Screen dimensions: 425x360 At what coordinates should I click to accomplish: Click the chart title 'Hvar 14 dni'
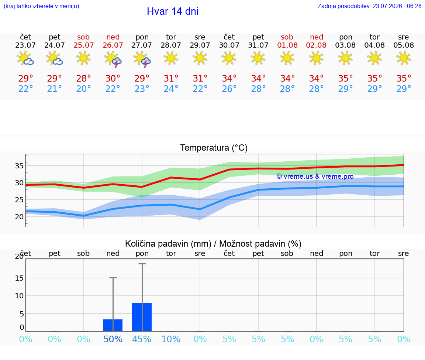click(172, 11)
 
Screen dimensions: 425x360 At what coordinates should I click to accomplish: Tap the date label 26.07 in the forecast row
click(113, 45)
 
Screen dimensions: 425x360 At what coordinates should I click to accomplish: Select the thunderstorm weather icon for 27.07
click(142, 59)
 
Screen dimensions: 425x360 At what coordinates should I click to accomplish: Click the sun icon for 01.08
click(287, 58)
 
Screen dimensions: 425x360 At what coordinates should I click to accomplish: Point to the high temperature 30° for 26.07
click(113, 78)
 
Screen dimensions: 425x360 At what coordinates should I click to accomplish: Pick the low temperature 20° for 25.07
click(83, 89)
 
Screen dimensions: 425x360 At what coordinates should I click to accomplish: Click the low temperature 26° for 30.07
click(229, 89)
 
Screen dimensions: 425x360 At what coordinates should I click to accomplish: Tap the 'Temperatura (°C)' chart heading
click(214, 148)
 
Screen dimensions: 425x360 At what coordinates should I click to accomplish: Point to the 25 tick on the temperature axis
click(19, 200)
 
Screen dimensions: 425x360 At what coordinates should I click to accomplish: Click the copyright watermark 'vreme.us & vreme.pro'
click(315, 176)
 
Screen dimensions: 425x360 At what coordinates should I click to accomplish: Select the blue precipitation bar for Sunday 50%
click(113, 325)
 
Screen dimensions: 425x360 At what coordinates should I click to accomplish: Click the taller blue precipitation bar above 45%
click(142, 317)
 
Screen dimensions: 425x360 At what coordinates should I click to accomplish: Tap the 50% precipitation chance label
click(113, 339)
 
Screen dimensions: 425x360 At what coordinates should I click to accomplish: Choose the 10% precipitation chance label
click(171, 339)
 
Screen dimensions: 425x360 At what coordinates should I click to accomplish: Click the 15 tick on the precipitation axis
click(19, 278)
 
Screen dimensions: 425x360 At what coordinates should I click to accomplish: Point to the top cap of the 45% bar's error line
click(142, 264)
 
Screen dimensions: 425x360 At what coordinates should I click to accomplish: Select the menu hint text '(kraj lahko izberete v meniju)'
click(41, 6)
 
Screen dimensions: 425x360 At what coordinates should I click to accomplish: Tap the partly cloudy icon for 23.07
click(25, 58)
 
